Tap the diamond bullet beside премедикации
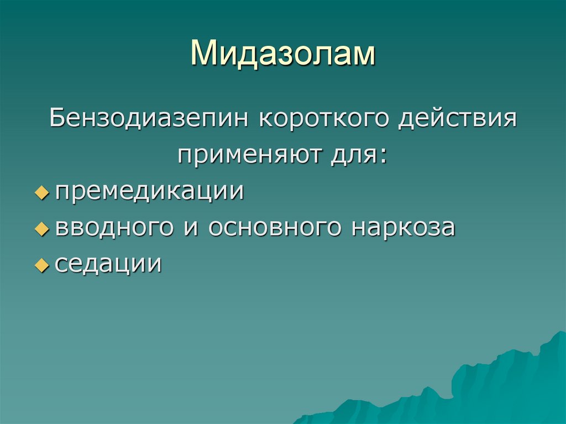coord(42,193)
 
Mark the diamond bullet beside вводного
coord(42,229)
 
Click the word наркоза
coord(402,228)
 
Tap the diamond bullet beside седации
coord(42,266)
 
